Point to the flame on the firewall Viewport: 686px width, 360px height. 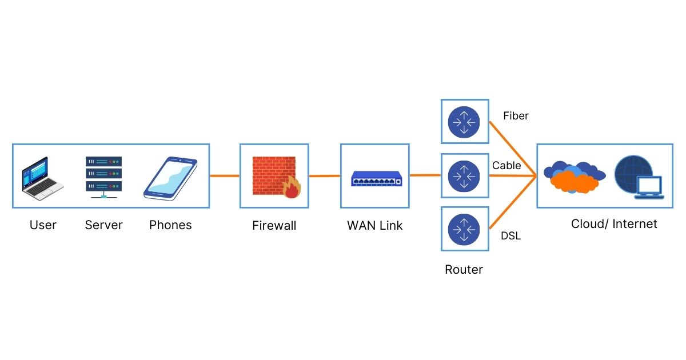point(292,187)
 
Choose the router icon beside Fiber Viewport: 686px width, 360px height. point(464,121)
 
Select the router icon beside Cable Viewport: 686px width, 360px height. point(464,176)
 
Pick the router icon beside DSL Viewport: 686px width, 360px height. point(464,229)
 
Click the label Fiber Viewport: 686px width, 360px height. point(516,116)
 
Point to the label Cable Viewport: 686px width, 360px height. point(506,166)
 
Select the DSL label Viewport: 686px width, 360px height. point(510,235)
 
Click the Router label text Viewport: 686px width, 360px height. point(464,270)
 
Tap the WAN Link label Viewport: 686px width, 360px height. point(375,226)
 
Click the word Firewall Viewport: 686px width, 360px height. point(274,226)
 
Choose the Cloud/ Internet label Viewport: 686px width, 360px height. point(614,224)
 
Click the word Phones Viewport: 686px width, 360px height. point(170,225)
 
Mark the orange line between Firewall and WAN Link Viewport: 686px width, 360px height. point(324,176)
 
